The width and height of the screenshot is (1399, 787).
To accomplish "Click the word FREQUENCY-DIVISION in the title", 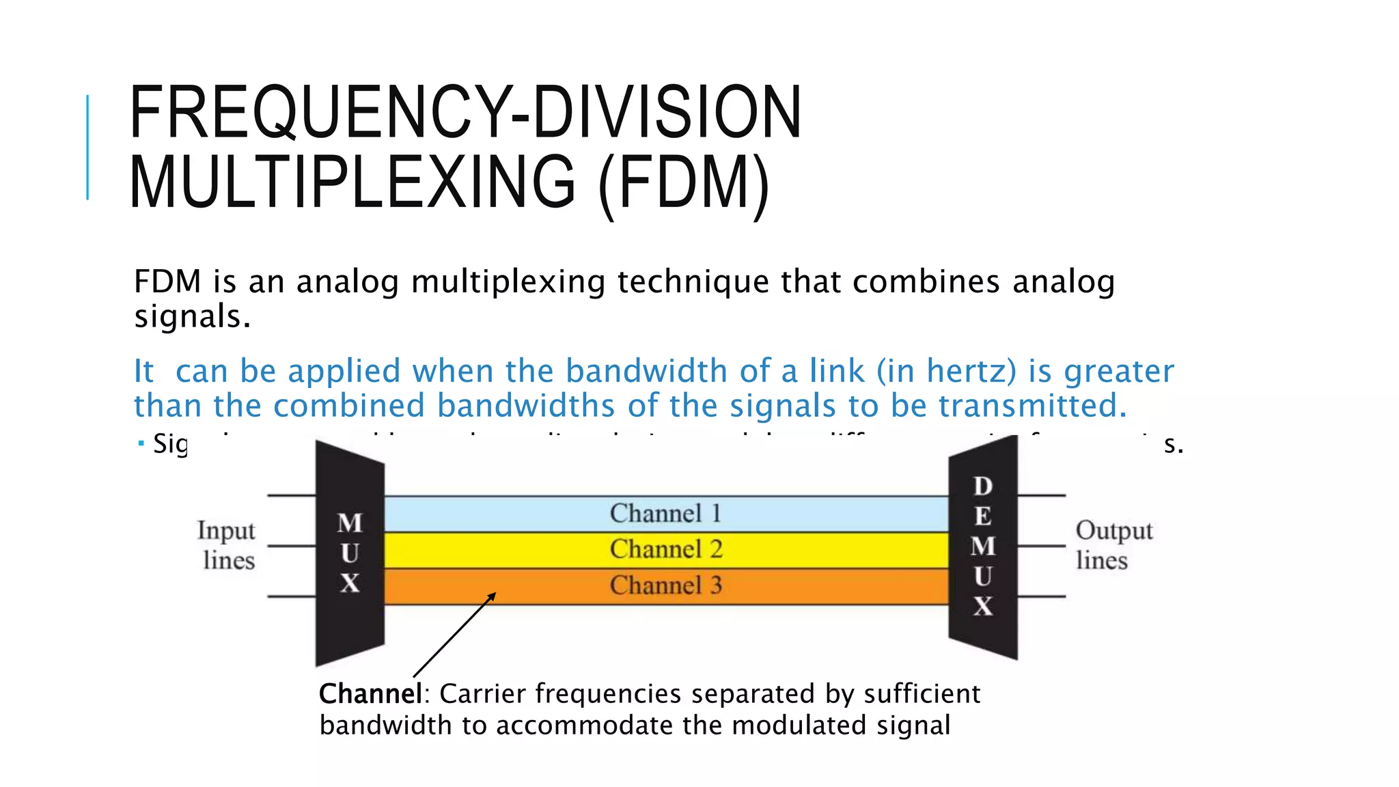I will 465,113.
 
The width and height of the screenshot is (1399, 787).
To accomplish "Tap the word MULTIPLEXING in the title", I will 352,182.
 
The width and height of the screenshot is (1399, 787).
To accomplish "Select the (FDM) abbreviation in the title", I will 683,182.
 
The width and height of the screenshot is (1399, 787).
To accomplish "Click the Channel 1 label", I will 665,514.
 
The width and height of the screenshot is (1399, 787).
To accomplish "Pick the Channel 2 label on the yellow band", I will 665,549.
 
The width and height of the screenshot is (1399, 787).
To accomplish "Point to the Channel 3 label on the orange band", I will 665,585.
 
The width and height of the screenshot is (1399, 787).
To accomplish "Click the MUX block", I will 350,553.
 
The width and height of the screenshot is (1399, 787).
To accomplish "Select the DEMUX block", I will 983,547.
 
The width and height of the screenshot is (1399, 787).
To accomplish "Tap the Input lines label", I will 227,545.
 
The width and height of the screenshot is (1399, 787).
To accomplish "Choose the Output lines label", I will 1113,545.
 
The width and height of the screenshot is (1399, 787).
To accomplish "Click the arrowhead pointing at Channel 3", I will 491,597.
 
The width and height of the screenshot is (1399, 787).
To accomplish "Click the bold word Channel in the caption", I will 370,694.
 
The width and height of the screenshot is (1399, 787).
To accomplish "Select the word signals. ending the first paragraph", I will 192,317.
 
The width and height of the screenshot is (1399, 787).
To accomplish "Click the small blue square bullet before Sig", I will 141,444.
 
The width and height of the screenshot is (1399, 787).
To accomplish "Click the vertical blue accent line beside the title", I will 88,147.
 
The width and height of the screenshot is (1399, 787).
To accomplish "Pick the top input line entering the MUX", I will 291,495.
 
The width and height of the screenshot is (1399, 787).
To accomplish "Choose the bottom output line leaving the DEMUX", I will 1042,596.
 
